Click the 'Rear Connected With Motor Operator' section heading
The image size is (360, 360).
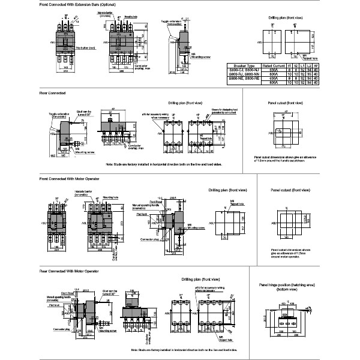(x=69, y=271)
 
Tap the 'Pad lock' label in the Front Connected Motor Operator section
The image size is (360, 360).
(x=142, y=214)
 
